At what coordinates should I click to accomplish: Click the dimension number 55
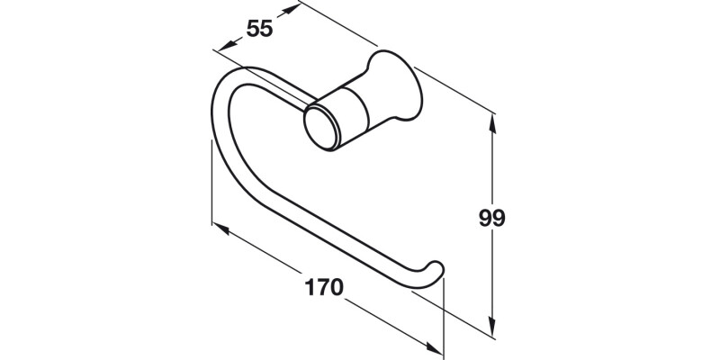click(x=259, y=28)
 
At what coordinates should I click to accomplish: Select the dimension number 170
click(x=323, y=288)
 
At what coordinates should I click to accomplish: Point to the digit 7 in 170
click(x=323, y=288)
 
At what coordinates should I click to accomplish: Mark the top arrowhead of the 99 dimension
click(x=492, y=116)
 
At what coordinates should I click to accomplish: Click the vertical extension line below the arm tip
click(x=445, y=315)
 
